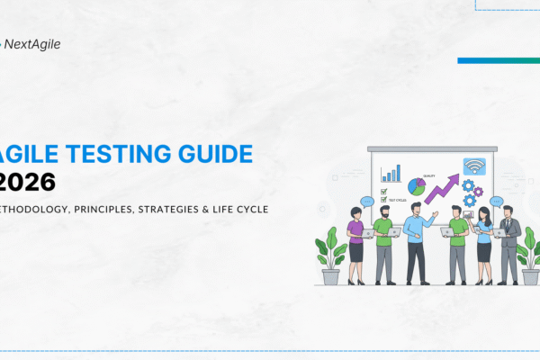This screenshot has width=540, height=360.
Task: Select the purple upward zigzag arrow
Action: pos(445,188)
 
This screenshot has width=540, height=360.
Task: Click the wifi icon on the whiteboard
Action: pos(473,166)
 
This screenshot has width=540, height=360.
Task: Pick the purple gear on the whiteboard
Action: pos(477,192)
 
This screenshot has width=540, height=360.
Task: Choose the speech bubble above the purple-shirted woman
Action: pos(366,202)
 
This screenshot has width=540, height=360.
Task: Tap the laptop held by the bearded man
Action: pos(393,232)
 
